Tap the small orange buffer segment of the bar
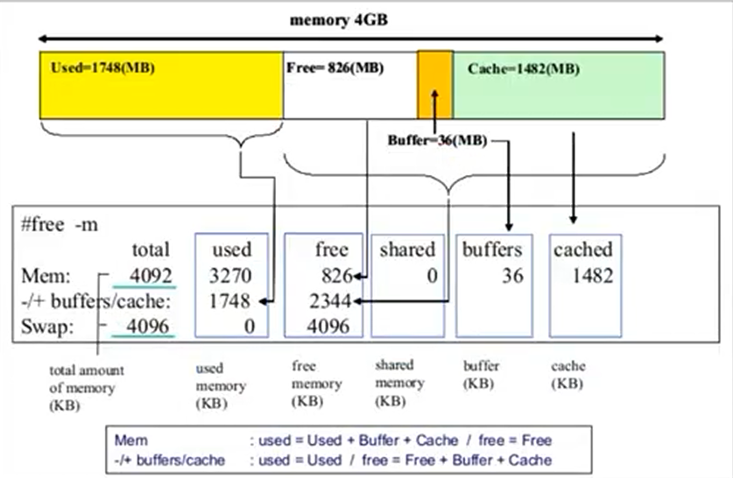pyautogui.click(x=434, y=84)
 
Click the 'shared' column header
pyautogui.click(x=406, y=250)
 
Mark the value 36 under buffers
pyautogui.click(x=513, y=276)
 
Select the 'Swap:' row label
pyautogui.click(x=44, y=326)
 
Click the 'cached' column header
pyautogui.click(x=583, y=250)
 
